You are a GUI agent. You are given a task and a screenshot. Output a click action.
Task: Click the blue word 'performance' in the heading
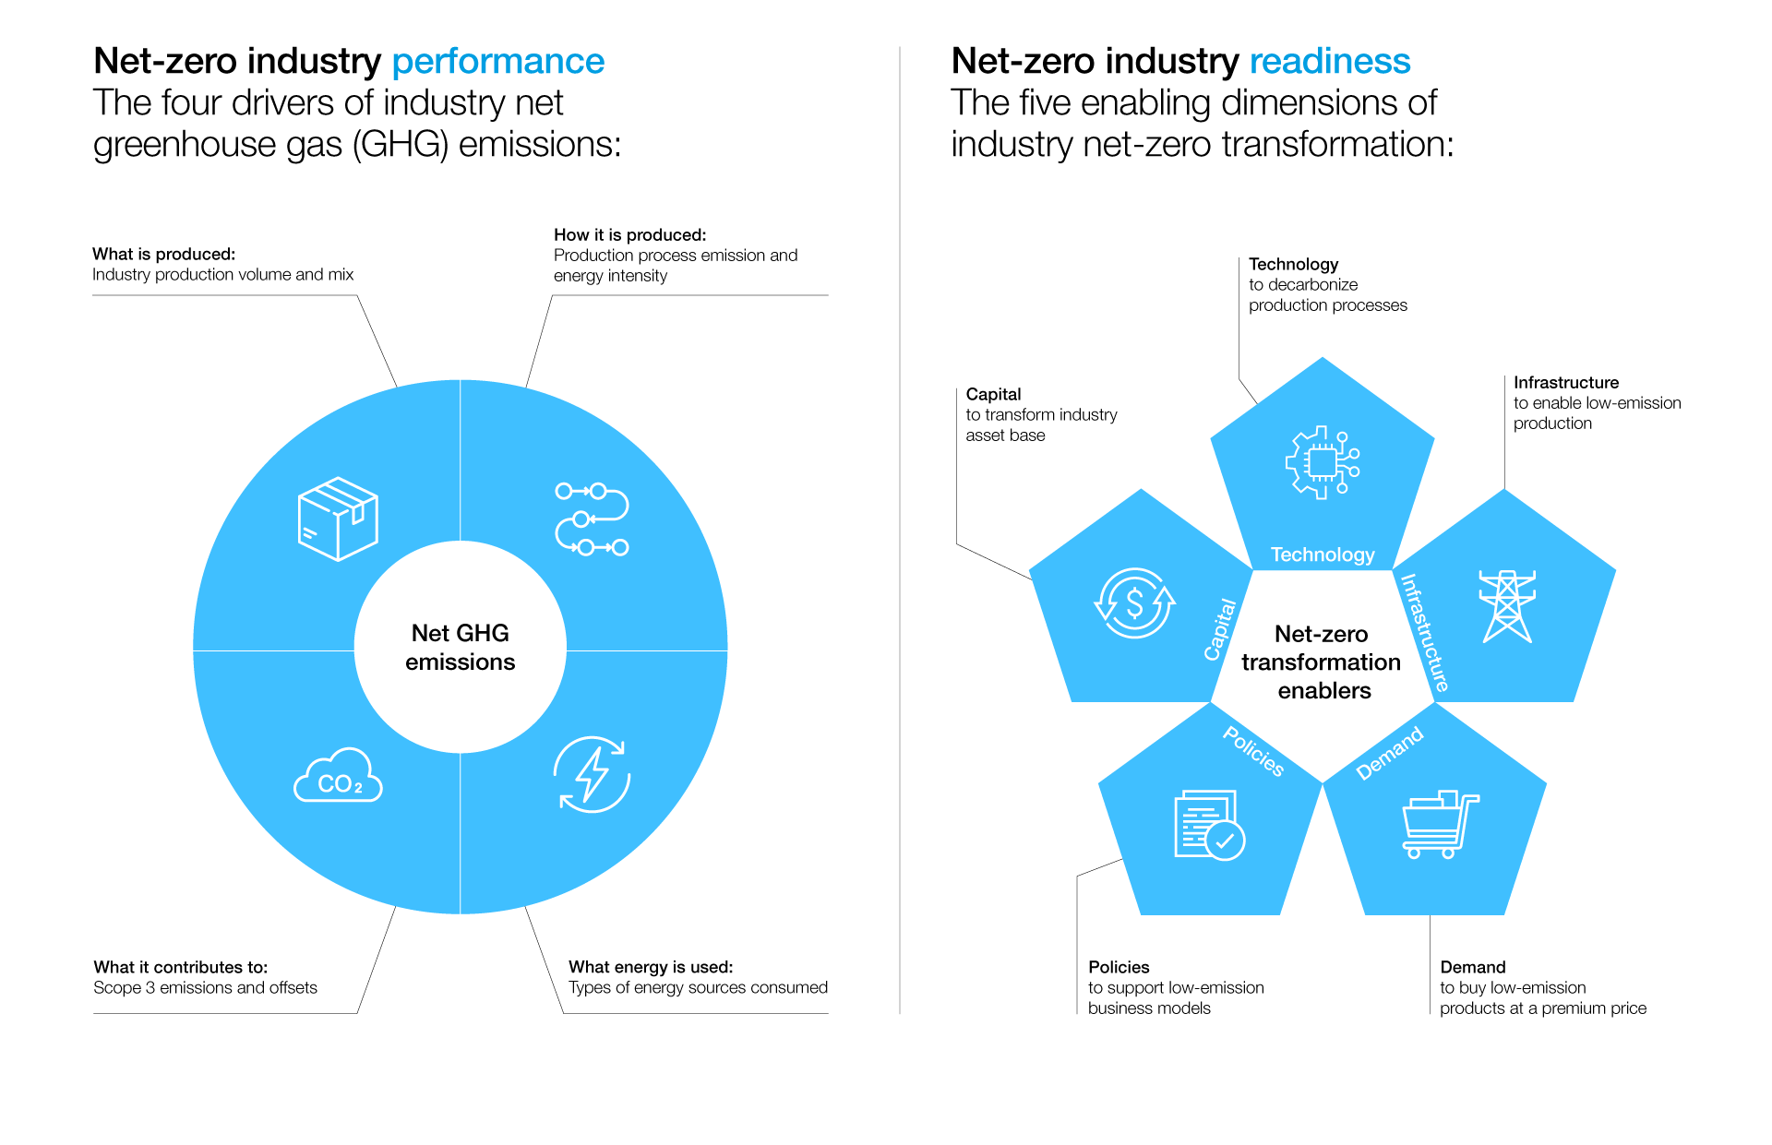click(498, 63)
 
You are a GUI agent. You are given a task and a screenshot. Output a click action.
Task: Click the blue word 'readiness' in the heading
click(1330, 61)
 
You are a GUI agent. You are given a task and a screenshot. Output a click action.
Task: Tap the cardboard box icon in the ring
click(338, 519)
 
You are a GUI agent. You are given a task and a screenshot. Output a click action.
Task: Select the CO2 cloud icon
click(338, 775)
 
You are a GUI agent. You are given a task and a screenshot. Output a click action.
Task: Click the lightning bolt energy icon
click(592, 774)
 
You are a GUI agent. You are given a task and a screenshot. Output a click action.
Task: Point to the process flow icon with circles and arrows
click(592, 519)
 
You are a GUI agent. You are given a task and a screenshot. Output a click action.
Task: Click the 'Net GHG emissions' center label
click(460, 647)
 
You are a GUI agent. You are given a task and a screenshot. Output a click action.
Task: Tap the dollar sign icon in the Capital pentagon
click(1134, 603)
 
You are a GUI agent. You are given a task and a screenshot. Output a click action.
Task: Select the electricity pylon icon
click(1507, 605)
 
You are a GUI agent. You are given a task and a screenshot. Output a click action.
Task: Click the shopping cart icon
click(1440, 824)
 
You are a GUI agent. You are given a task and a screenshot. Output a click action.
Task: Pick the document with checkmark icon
click(1209, 825)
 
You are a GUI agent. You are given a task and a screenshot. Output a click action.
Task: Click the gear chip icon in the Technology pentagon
click(1323, 462)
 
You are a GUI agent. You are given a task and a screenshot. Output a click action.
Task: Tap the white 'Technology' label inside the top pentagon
click(1323, 555)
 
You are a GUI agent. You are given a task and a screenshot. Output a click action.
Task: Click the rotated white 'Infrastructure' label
click(1425, 633)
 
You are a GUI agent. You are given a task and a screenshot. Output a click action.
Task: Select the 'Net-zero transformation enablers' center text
click(1322, 662)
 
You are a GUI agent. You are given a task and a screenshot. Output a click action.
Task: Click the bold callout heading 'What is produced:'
click(163, 254)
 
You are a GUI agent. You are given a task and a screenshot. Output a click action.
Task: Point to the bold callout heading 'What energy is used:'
click(651, 967)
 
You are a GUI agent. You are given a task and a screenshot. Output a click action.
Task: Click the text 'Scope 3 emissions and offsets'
click(205, 988)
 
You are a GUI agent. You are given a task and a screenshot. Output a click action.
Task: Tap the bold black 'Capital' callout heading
click(993, 395)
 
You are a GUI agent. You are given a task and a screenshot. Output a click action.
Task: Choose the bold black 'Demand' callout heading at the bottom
click(1473, 967)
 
